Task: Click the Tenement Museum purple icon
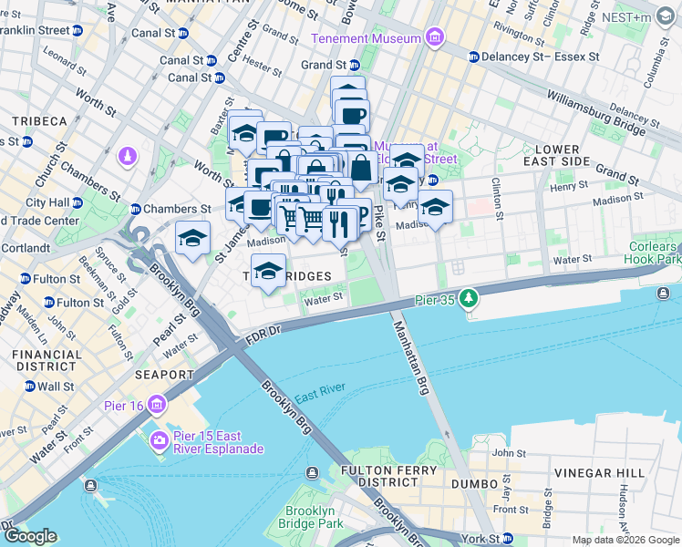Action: tap(436, 38)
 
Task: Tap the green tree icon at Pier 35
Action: tap(469, 298)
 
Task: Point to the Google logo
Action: tap(30, 535)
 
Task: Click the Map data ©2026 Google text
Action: tap(625, 540)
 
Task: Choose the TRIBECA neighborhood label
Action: tap(40, 121)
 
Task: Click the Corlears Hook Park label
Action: tap(655, 253)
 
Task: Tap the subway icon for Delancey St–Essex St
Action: tap(473, 57)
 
